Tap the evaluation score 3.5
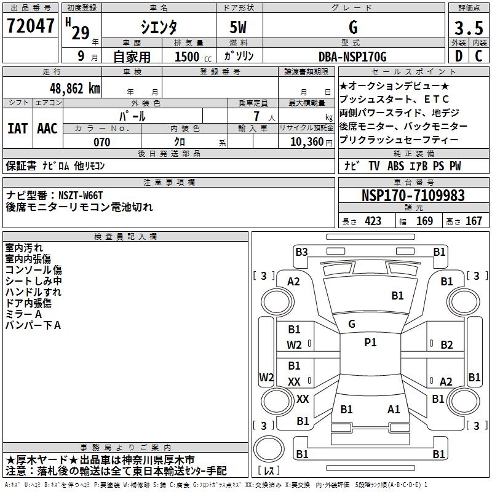tap(467, 28)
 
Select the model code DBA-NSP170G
tap(353, 57)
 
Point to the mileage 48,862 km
tap(74, 89)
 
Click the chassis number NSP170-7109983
tap(413, 196)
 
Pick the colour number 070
tap(101, 142)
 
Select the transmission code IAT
tap(17, 129)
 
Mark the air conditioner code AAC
tap(47, 129)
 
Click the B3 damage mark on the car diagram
tap(301, 252)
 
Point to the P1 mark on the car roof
tap(370, 343)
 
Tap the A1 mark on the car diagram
tap(394, 409)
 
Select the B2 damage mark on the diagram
tap(446, 345)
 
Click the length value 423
tap(373, 221)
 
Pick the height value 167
tap(474, 221)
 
